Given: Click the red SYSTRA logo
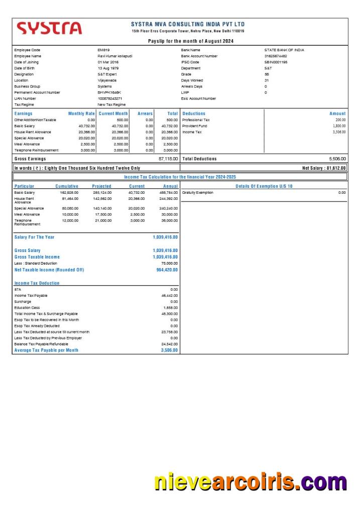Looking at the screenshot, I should (49, 28).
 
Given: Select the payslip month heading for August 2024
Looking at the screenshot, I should (190, 41).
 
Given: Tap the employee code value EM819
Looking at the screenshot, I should (103, 50).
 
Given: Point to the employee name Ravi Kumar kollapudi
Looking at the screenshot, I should (114, 56).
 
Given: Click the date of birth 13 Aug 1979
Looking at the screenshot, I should (108, 68).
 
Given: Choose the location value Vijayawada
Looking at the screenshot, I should (107, 80).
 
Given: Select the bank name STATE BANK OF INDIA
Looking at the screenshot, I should (284, 50).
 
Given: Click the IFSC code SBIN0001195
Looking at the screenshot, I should (276, 62).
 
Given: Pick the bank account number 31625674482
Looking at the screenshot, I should (276, 56).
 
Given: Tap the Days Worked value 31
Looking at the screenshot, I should (267, 80).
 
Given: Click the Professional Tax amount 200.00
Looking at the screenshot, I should (340, 120).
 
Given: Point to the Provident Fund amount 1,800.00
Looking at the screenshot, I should (338, 126).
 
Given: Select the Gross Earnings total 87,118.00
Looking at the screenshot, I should (168, 159).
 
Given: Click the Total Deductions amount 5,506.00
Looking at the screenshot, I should (336, 159).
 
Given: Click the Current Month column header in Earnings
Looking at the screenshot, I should (113, 113).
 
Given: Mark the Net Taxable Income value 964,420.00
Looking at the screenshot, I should (167, 270).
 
